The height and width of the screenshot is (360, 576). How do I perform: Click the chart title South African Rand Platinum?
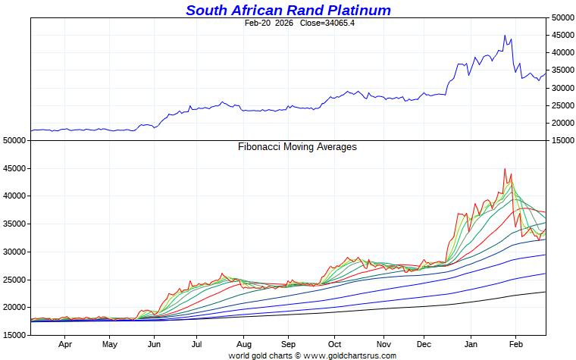point(288,10)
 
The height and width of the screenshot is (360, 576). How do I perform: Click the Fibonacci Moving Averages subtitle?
point(297,147)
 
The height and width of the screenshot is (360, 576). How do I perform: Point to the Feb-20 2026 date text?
point(268,23)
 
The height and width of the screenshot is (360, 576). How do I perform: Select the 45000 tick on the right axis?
point(562,35)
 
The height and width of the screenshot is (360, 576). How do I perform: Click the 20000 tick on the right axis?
point(562,123)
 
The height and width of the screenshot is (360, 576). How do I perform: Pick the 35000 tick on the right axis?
point(562,70)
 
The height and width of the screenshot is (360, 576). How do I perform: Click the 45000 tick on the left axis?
point(15,168)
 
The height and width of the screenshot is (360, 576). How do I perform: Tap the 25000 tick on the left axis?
point(15,280)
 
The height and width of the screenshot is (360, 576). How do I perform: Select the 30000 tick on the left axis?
point(15,252)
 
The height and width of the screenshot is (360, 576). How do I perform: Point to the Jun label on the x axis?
point(153,343)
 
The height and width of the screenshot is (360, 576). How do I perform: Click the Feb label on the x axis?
point(515,343)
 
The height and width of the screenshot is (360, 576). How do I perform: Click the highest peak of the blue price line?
point(505,35)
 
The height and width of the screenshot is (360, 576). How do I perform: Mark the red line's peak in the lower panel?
point(505,169)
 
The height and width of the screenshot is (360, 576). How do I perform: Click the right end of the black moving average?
point(545,292)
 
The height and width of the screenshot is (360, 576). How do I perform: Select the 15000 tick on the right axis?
point(562,140)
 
